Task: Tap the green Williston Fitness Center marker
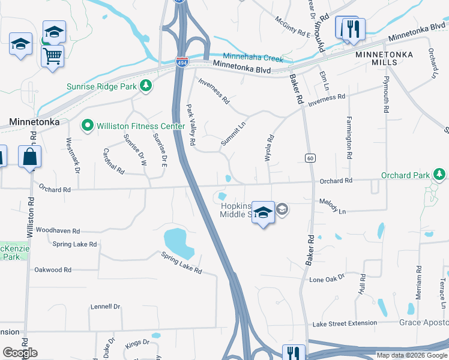point(88,126)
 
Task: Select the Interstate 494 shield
point(181,61)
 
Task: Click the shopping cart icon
point(53,56)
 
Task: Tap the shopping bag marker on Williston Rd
point(30,158)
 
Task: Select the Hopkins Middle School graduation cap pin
point(263,213)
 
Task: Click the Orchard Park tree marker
point(440,175)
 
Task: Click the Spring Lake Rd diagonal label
point(181,263)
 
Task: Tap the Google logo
point(20,353)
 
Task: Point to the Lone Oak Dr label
point(327,279)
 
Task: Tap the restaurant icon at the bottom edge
point(294,353)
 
